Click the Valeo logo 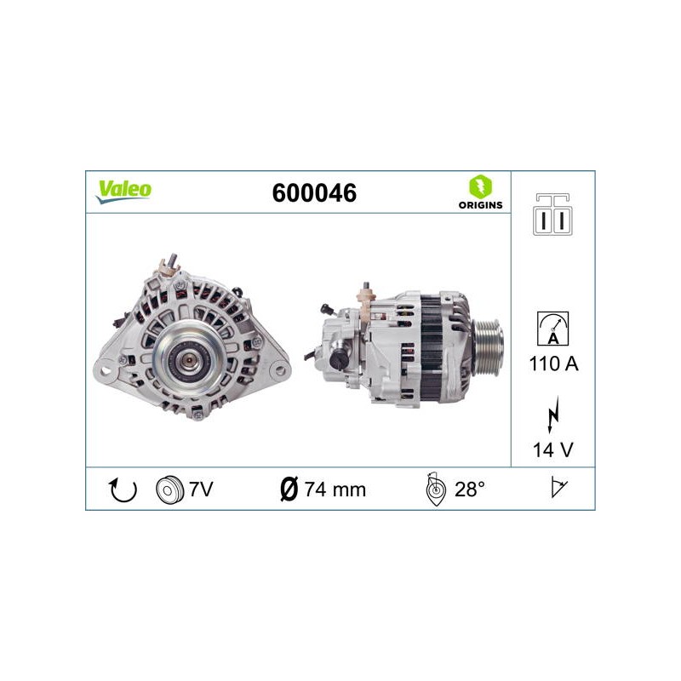[123, 192]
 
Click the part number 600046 [314, 193]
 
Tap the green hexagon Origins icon [480, 186]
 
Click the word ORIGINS [480, 205]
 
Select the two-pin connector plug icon [552, 215]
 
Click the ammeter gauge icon [552, 329]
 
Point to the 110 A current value [554, 363]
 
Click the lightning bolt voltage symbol [552, 415]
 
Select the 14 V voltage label [552, 450]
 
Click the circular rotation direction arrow [123, 490]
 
